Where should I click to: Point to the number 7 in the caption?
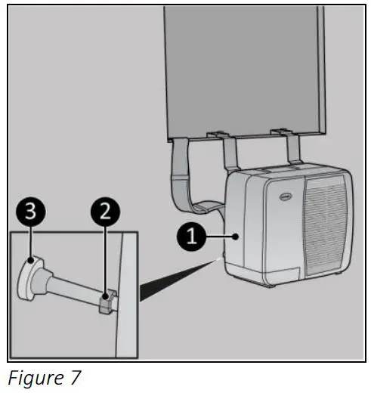pos(73,377)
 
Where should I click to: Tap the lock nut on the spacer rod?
pos(107,303)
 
